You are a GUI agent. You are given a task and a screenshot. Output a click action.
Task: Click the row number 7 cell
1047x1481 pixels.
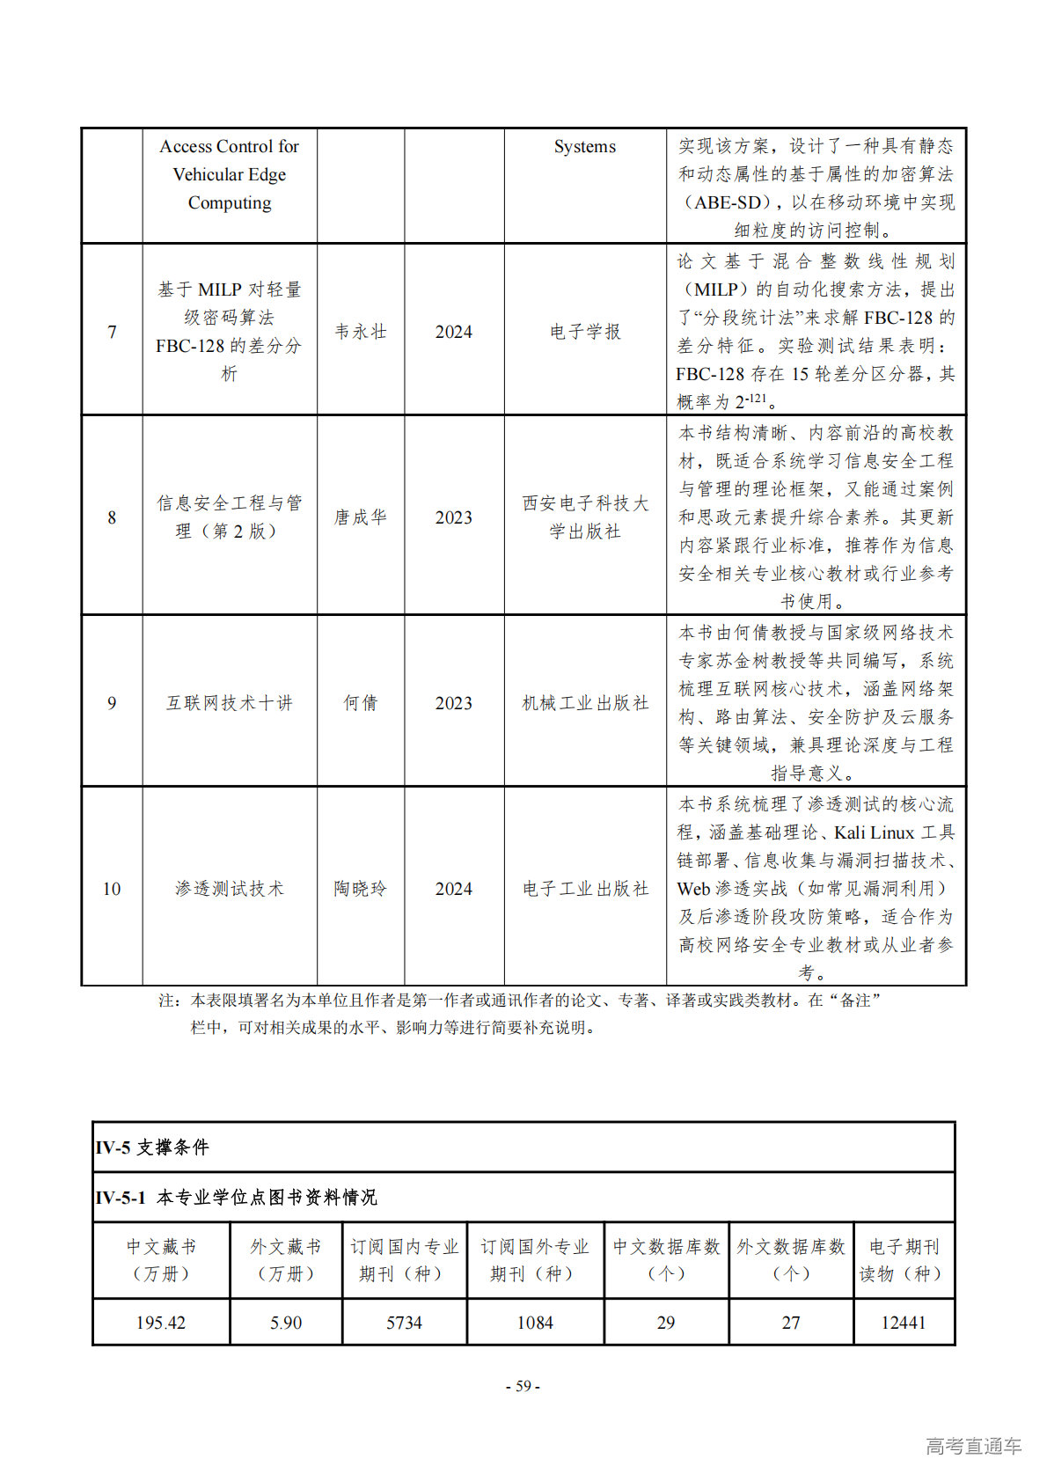tap(112, 332)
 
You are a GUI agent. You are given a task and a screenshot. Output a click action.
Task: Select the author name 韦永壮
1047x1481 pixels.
tap(361, 332)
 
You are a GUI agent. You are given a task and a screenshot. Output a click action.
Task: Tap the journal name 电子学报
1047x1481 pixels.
tap(585, 332)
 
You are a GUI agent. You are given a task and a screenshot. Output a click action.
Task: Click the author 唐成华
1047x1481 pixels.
tap(361, 517)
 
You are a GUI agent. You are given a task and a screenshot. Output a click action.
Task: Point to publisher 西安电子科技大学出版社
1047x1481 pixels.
tap(585, 517)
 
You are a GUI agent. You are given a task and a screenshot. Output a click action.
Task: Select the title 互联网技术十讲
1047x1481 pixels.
tap(230, 703)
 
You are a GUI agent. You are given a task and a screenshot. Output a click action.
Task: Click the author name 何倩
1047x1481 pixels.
tap(361, 703)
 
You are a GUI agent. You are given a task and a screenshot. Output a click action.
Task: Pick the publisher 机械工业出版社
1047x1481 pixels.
tap(585, 703)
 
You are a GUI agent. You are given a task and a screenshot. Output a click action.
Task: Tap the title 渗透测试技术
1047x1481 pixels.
tap(230, 889)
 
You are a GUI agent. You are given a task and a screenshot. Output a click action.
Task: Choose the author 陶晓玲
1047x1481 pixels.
tap(361, 889)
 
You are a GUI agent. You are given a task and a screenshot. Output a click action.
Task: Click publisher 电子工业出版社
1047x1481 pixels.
tap(585, 889)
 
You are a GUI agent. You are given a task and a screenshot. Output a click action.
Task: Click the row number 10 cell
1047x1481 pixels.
tap(112, 889)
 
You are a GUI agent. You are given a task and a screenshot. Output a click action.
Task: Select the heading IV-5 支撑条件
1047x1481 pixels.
tap(152, 1147)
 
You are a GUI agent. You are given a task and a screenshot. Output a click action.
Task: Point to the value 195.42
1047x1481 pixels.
tap(161, 1323)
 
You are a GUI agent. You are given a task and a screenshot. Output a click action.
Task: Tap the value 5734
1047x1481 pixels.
tap(404, 1323)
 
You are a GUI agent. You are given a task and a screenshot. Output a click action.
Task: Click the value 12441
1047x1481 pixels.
tap(904, 1323)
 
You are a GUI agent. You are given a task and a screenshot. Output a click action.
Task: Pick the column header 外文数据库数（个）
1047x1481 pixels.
tap(791, 1260)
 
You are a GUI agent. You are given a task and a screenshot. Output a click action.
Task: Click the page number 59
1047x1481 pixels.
tap(523, 1386)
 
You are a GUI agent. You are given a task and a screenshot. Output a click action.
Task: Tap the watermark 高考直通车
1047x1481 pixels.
tap(973, 1446)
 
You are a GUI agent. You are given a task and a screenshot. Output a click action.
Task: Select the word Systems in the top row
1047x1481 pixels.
tap(585, 147)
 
